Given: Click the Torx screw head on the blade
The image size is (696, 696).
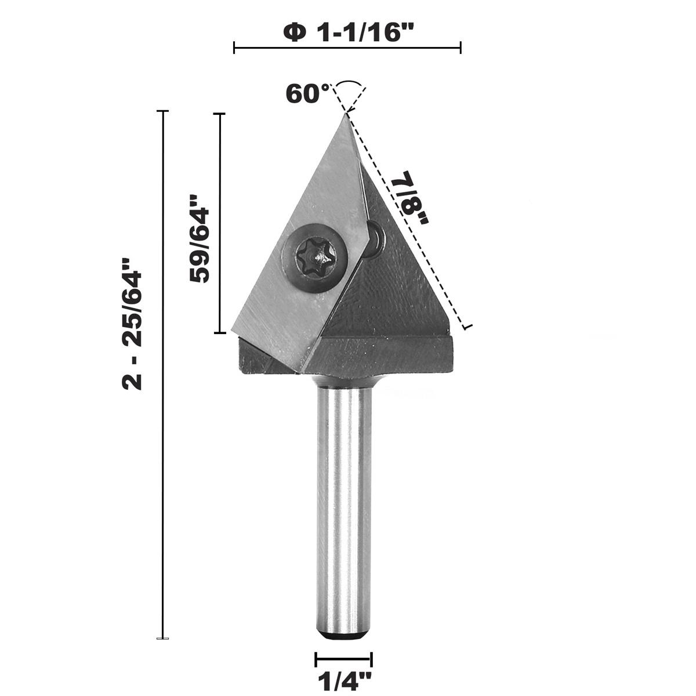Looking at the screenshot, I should [x=316, y=253].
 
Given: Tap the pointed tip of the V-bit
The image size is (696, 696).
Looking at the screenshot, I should [x=346, y=115].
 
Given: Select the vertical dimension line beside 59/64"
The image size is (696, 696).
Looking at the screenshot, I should [x=220, y=223].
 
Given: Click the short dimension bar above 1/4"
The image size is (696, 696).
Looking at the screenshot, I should [x=343, y=659].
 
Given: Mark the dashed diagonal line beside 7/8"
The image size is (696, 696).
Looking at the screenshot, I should [x=406, y=220].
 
